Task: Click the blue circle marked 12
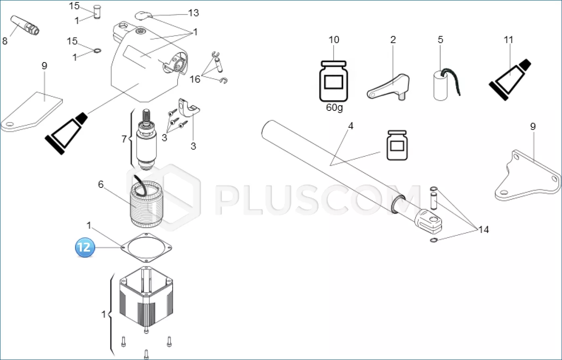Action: click(85, 248)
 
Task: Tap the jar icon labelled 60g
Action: click(333, 81)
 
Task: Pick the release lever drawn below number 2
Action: click(388, 87)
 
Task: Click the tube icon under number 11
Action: click(510, 80)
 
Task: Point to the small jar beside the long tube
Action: click(397, 145)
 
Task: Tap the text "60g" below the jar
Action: click(334, 108)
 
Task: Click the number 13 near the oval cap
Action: click(193, 13)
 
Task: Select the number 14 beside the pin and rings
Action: click(483, 229)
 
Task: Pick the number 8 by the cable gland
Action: click(5, 41)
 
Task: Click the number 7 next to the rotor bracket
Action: click(124, 139)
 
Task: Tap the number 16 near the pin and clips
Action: click(195, 79)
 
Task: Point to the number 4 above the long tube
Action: click(351, 126)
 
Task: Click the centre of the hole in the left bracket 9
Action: click(10, 124)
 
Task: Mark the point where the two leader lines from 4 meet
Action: click(331, 165)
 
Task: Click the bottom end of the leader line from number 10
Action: click(334, 60)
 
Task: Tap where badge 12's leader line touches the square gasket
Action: click(121, 248)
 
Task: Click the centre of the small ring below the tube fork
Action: click(434, 240)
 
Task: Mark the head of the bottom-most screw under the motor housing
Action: click(146, 352)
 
